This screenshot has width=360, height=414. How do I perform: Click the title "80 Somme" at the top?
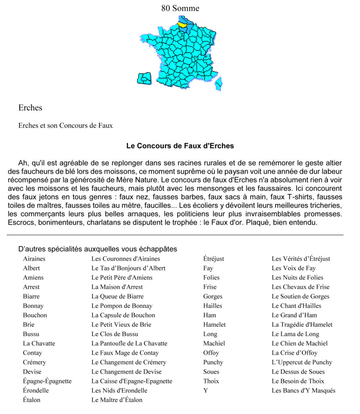point(180,8)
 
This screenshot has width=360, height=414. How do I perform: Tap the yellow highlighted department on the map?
point(182,25)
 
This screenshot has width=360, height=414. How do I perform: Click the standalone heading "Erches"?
point(30,108)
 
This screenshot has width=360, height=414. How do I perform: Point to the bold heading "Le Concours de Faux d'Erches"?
point(180,146)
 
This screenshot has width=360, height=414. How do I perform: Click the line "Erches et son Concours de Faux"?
point(65,126)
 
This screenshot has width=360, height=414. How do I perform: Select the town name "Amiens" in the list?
point(33,277)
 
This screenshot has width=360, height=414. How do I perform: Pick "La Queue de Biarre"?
point(118,296)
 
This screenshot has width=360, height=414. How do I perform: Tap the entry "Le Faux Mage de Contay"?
point(125,353)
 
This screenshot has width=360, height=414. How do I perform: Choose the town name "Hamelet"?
point(215,325)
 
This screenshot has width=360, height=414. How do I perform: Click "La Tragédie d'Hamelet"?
point(302,325)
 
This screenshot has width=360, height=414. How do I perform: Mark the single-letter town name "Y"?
point(206,391)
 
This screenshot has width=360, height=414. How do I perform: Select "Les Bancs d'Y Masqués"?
point(303,391)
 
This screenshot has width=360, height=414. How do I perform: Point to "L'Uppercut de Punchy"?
point(302,362)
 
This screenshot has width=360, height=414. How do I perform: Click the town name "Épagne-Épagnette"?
point(47,381)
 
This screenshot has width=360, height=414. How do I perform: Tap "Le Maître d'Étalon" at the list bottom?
point(117,400)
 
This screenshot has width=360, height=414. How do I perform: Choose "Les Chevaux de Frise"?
point(300,287)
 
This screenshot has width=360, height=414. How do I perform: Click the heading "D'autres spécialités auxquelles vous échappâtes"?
point(97,249)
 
